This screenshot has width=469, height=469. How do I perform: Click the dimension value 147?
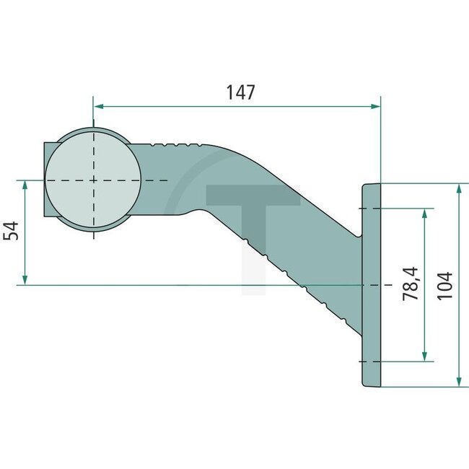240,92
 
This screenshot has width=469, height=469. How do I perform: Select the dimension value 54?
11,232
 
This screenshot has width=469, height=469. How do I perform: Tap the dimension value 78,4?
409,283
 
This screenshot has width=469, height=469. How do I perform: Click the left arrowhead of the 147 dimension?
99,106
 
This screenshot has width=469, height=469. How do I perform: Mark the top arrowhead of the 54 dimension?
25,185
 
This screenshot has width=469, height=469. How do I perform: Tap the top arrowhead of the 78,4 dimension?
424,214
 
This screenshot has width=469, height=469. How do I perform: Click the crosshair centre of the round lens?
93,180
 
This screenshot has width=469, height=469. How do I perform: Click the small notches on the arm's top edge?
174,144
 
